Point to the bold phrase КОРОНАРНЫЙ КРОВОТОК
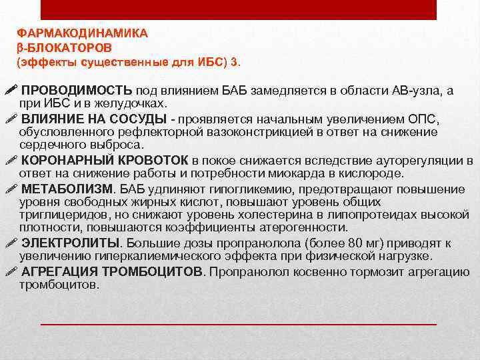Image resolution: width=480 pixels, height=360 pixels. [105, 161]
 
